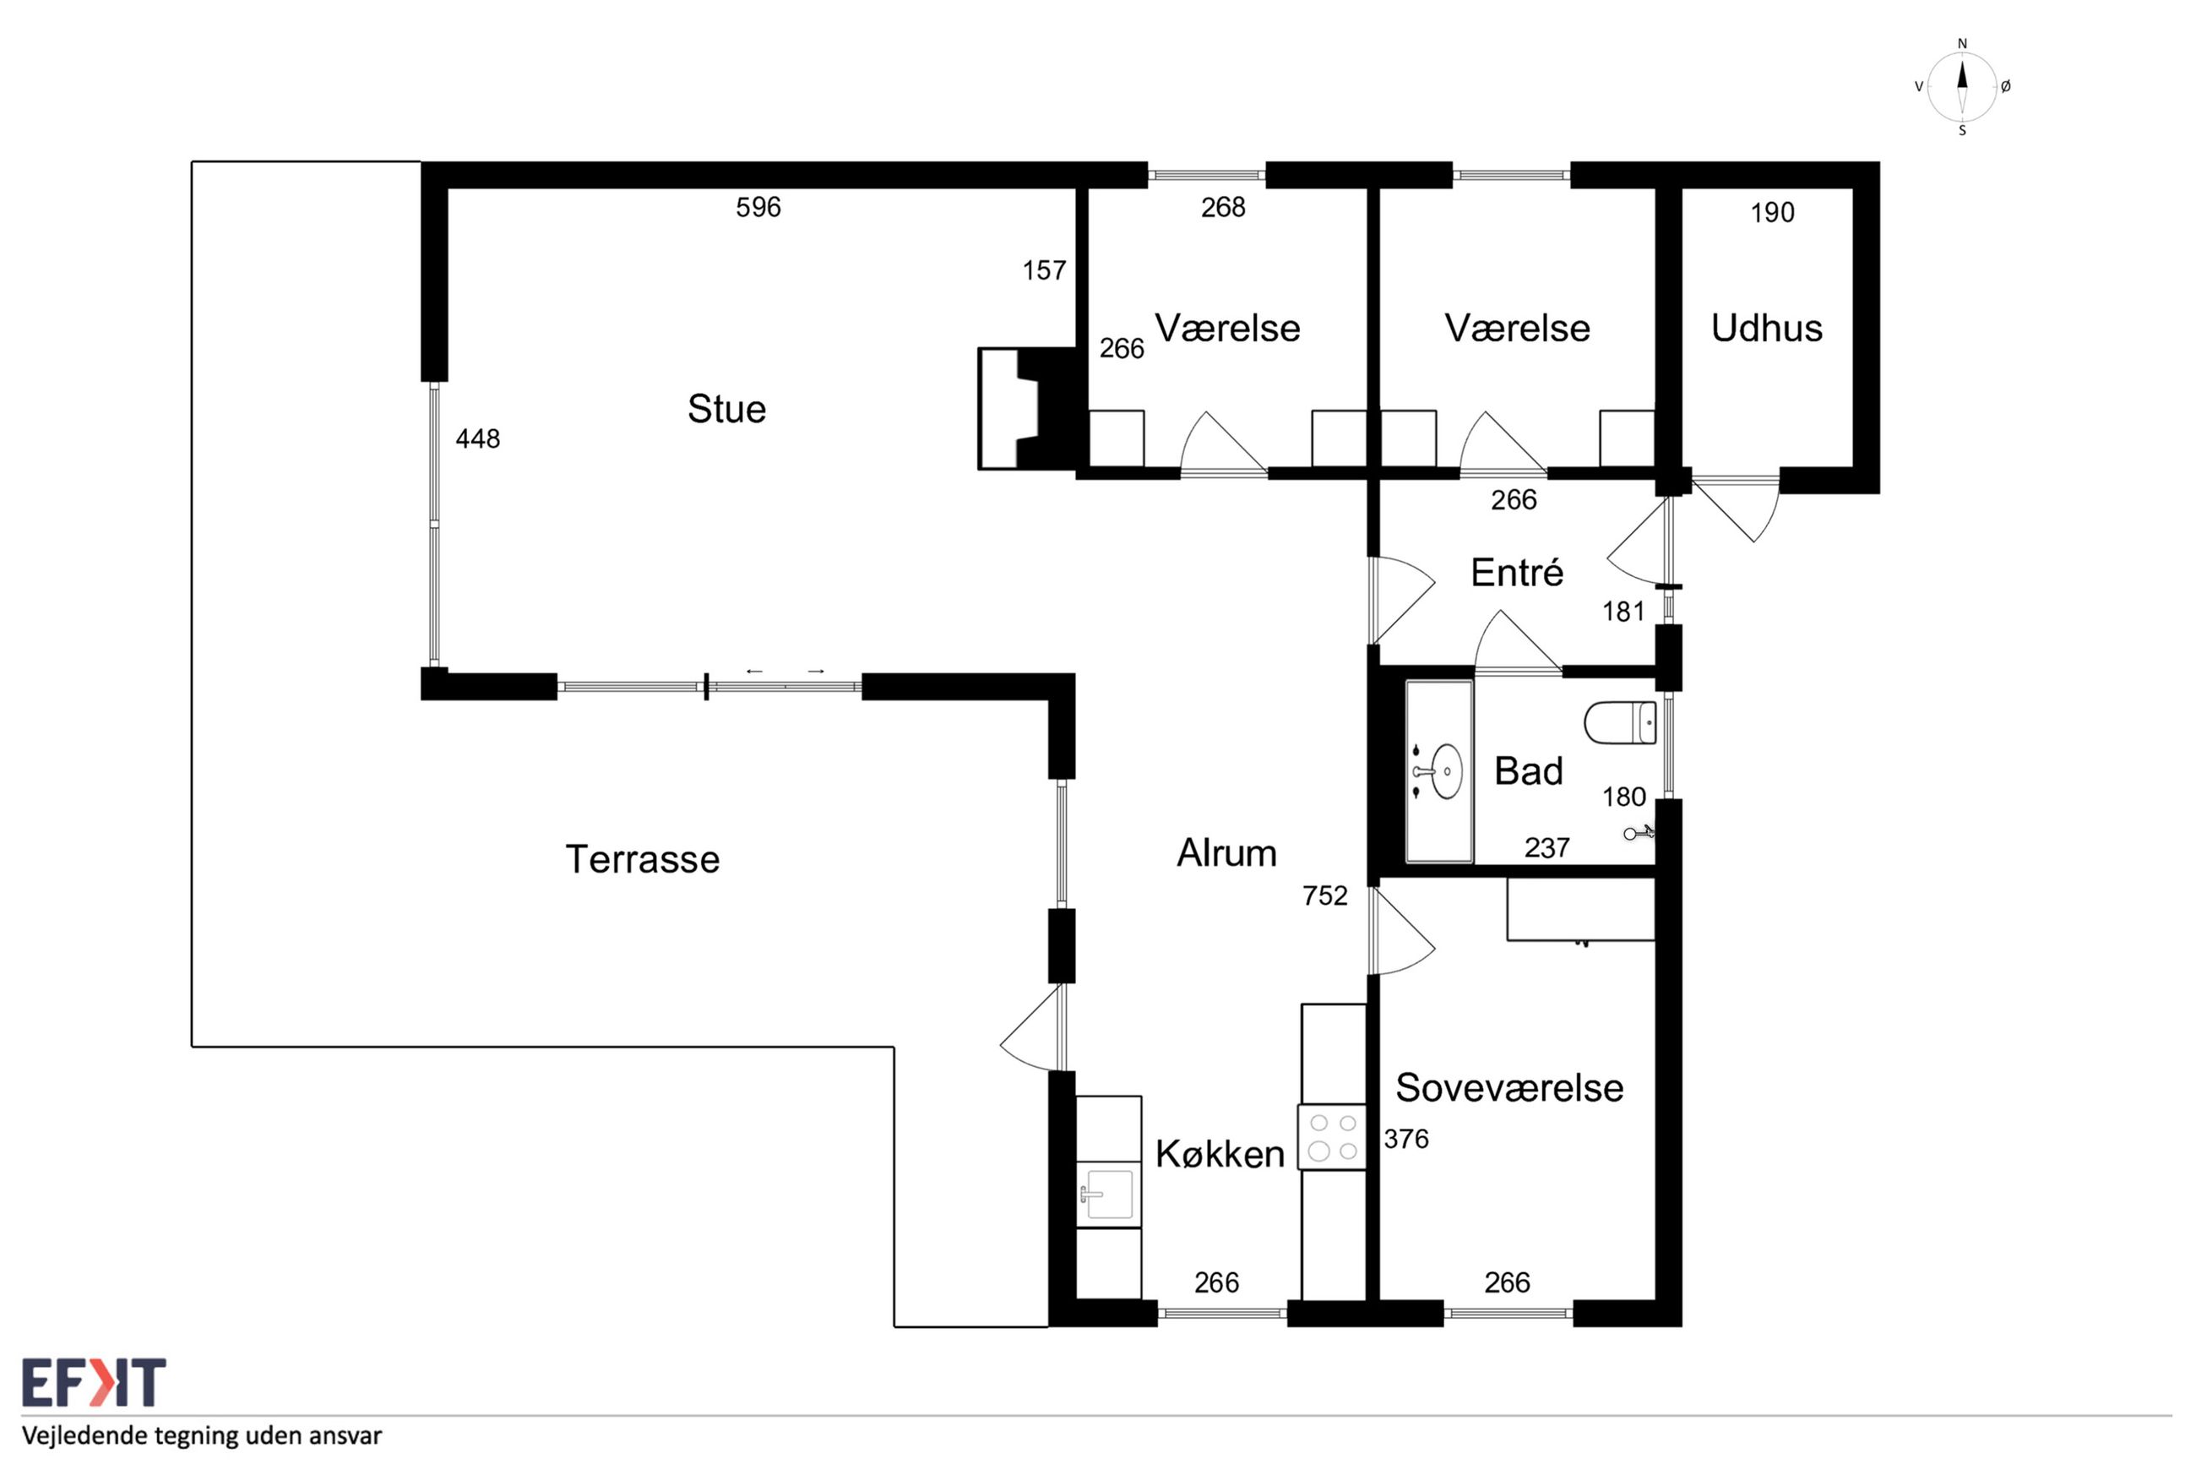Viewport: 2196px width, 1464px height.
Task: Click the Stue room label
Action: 726,409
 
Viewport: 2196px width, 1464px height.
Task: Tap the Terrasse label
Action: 642,859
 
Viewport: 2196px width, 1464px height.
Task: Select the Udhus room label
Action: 1766,328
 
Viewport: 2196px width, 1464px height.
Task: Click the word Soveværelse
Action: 1509,1088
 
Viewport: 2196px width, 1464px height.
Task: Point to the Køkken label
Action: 1220,1154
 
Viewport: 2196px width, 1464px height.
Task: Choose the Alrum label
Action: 1226,852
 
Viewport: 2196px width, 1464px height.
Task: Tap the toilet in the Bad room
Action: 1620,722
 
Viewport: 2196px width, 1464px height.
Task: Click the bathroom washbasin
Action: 1439,771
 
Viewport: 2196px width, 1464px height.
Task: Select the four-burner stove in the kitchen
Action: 1332,1137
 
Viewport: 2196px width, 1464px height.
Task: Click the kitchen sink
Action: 1108,1195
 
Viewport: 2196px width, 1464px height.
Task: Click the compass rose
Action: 1962,87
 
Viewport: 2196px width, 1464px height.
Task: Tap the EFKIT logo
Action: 93,1383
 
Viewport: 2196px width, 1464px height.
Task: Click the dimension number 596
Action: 758,207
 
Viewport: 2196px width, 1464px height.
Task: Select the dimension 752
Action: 1325,896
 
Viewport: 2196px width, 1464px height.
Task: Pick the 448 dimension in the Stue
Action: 478,438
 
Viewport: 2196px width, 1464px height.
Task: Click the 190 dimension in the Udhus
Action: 1772,213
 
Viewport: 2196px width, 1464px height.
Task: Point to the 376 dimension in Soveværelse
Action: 1406,1139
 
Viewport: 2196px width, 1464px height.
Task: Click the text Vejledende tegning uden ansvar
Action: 202,1435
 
